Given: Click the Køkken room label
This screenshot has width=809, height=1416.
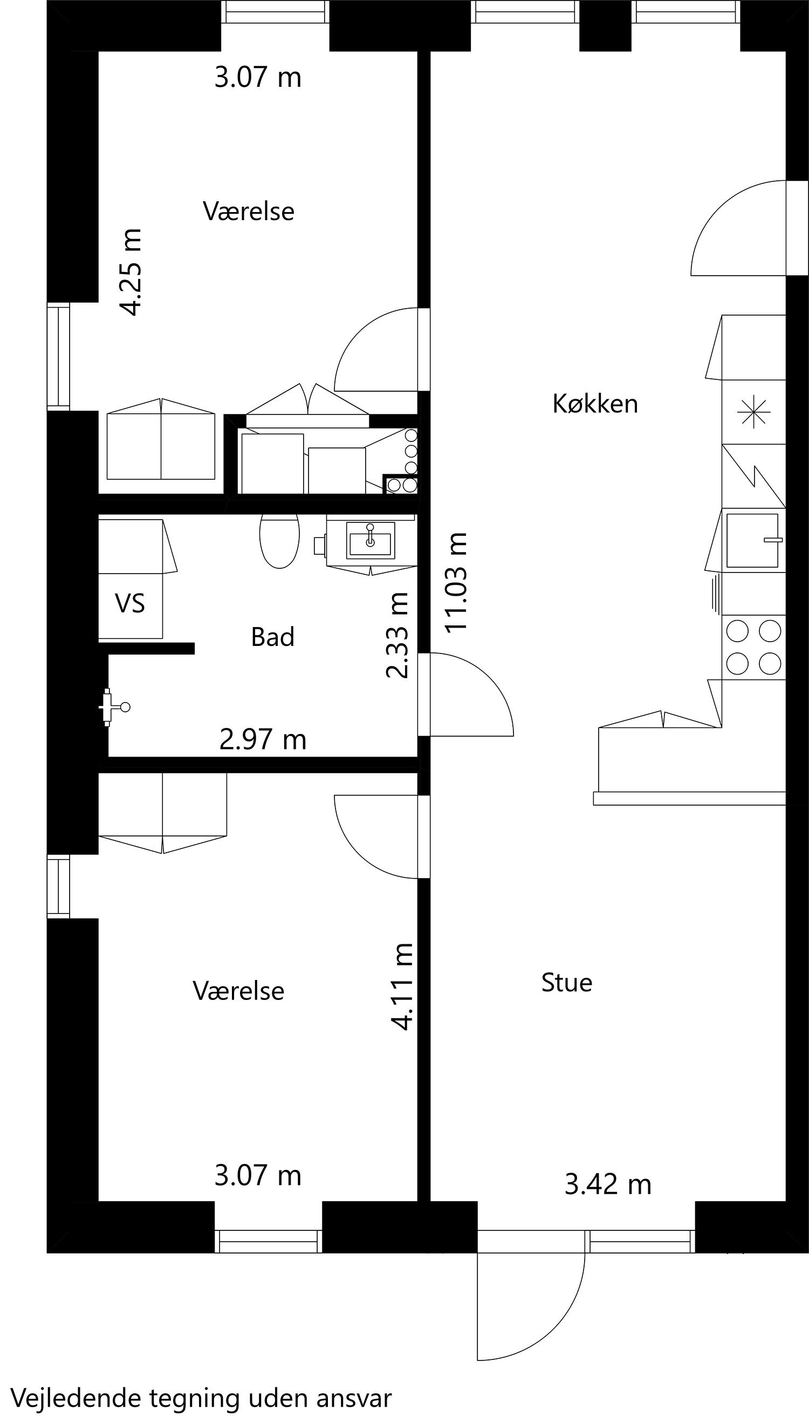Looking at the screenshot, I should (594, 404).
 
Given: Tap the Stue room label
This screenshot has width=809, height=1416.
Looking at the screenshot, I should (566, 982).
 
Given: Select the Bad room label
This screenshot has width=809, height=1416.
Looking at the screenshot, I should (272, 637).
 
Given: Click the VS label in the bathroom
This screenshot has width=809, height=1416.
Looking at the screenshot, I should (130, 603).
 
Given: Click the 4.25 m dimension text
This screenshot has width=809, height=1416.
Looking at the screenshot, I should (132, 272).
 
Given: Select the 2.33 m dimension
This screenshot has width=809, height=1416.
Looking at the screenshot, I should (398, 635).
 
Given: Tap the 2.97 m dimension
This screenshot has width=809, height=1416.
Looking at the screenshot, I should (262, 739).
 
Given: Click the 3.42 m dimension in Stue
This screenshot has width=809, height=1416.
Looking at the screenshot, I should (607, 1184).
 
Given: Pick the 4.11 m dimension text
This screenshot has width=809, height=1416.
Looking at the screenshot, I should (402, 986).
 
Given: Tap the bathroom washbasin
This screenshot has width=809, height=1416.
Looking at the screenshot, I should (370, 539).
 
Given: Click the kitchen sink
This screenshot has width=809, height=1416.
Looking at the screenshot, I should (752, 540).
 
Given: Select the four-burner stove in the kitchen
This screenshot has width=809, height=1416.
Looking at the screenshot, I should (753, 647).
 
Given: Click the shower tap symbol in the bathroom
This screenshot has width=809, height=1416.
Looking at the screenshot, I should (113, 706).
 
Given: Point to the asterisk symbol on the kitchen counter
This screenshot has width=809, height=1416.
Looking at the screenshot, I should (753, 412).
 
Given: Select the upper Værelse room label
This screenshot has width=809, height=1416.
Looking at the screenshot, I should (249, 211).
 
